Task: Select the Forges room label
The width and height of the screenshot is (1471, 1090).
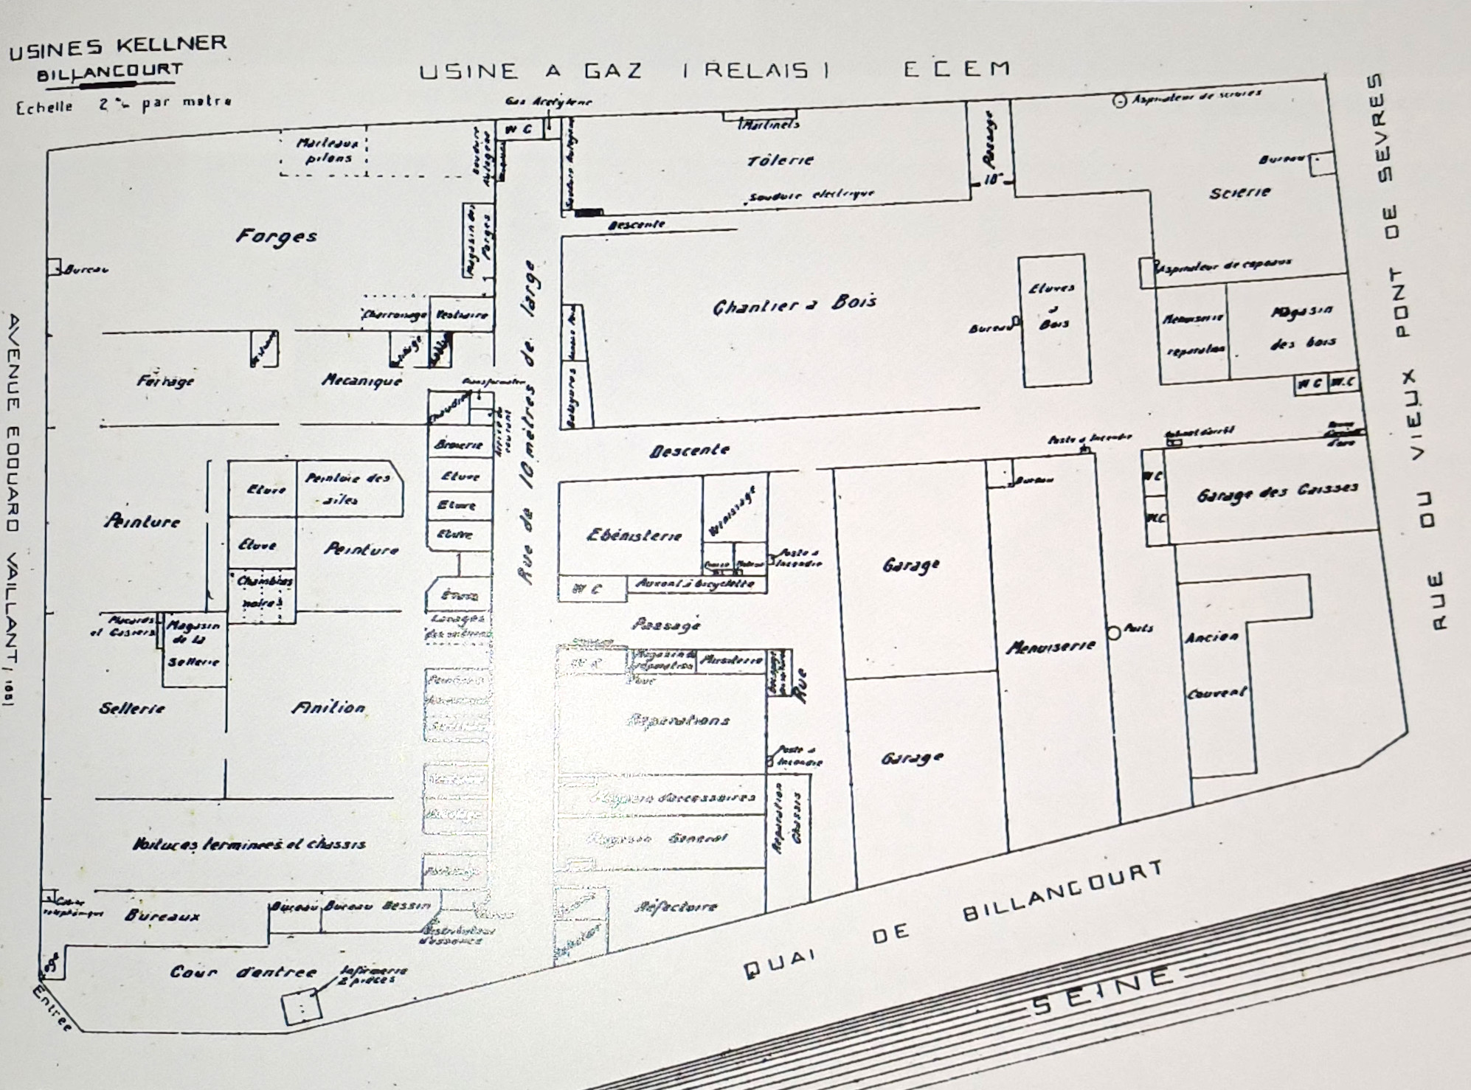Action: (x=277, y=236)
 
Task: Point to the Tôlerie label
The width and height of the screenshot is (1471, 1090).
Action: (x=780, y=159)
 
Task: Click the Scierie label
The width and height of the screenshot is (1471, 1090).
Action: (x=1239, y=192)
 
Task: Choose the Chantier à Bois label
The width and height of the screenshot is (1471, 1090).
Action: (x=795, y=304)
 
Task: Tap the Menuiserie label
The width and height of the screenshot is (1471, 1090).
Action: (x=1051, y=647)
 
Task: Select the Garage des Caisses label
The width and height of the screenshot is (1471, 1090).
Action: (x=1276, y=491)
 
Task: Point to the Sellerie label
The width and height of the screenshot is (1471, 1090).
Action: (x=132, y=709)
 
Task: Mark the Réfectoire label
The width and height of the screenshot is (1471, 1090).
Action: (x=676, y=906)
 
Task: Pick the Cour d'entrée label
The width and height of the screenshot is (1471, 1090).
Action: (x=243, y=972)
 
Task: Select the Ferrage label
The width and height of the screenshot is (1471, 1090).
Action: (x=165, y=381)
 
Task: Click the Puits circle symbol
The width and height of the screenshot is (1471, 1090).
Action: (x=1114, y=632)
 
